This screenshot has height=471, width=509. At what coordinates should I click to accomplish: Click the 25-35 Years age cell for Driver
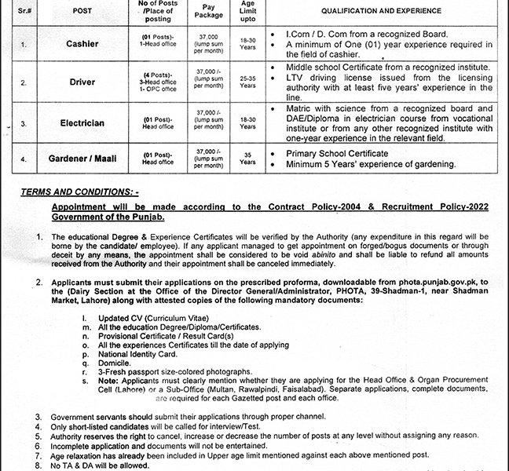tap(247, 82)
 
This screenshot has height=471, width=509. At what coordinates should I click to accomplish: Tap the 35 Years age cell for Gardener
tap(247, 159)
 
